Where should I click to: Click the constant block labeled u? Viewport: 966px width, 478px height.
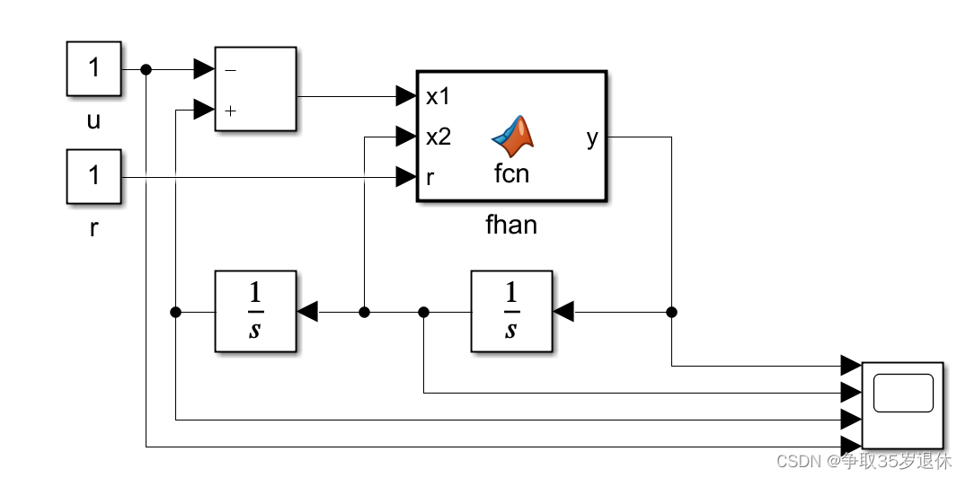[93, 69]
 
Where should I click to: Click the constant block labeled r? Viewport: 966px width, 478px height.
[93, 177]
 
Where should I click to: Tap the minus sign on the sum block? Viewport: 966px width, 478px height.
[230, 69]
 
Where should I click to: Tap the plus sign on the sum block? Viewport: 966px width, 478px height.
[231, 111]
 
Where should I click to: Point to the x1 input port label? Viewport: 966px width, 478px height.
[438, 96]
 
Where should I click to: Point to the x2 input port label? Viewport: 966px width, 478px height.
[439, 137]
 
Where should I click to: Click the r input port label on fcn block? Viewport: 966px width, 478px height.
[430, 177]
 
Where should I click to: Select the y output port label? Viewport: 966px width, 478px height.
[591, 137]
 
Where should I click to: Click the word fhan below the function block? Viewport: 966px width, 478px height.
[510, 225]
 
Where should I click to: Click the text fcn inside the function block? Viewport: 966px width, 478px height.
[511, 173]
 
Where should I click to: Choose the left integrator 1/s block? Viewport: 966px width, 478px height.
[255, 311]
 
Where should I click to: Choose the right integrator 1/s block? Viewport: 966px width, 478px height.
[511, 311]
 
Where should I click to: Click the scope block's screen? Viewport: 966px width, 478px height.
[903, 393]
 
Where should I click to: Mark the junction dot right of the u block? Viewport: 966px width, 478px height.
[146, 69]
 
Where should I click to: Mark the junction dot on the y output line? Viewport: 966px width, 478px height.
[671, 312]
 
